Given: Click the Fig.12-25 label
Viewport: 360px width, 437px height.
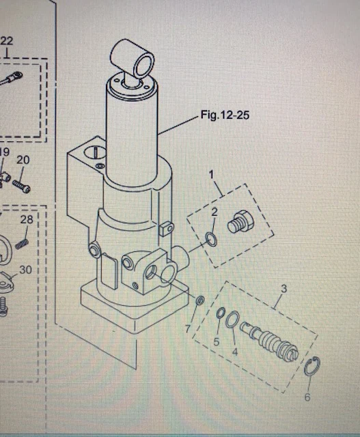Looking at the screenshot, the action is pyautogui.click(x=225, y=115).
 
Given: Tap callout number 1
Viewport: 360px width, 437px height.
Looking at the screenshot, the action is pyautogui.click(x=211, y=175).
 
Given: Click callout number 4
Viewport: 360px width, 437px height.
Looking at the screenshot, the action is pyautogui.click(x=217, y=341).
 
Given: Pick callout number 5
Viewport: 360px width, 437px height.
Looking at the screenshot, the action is pyautogui.click(x=307, y=397).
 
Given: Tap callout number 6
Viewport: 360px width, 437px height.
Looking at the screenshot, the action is pyautogui.click(x=189, y=329).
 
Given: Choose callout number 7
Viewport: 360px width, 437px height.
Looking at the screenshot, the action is pyautogui.click(x=23, y=160).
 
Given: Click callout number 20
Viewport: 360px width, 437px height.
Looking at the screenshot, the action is pyautogui.click(x=27, y=220).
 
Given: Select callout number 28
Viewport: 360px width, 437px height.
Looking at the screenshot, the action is pyautogui.click(x=25, y=270).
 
